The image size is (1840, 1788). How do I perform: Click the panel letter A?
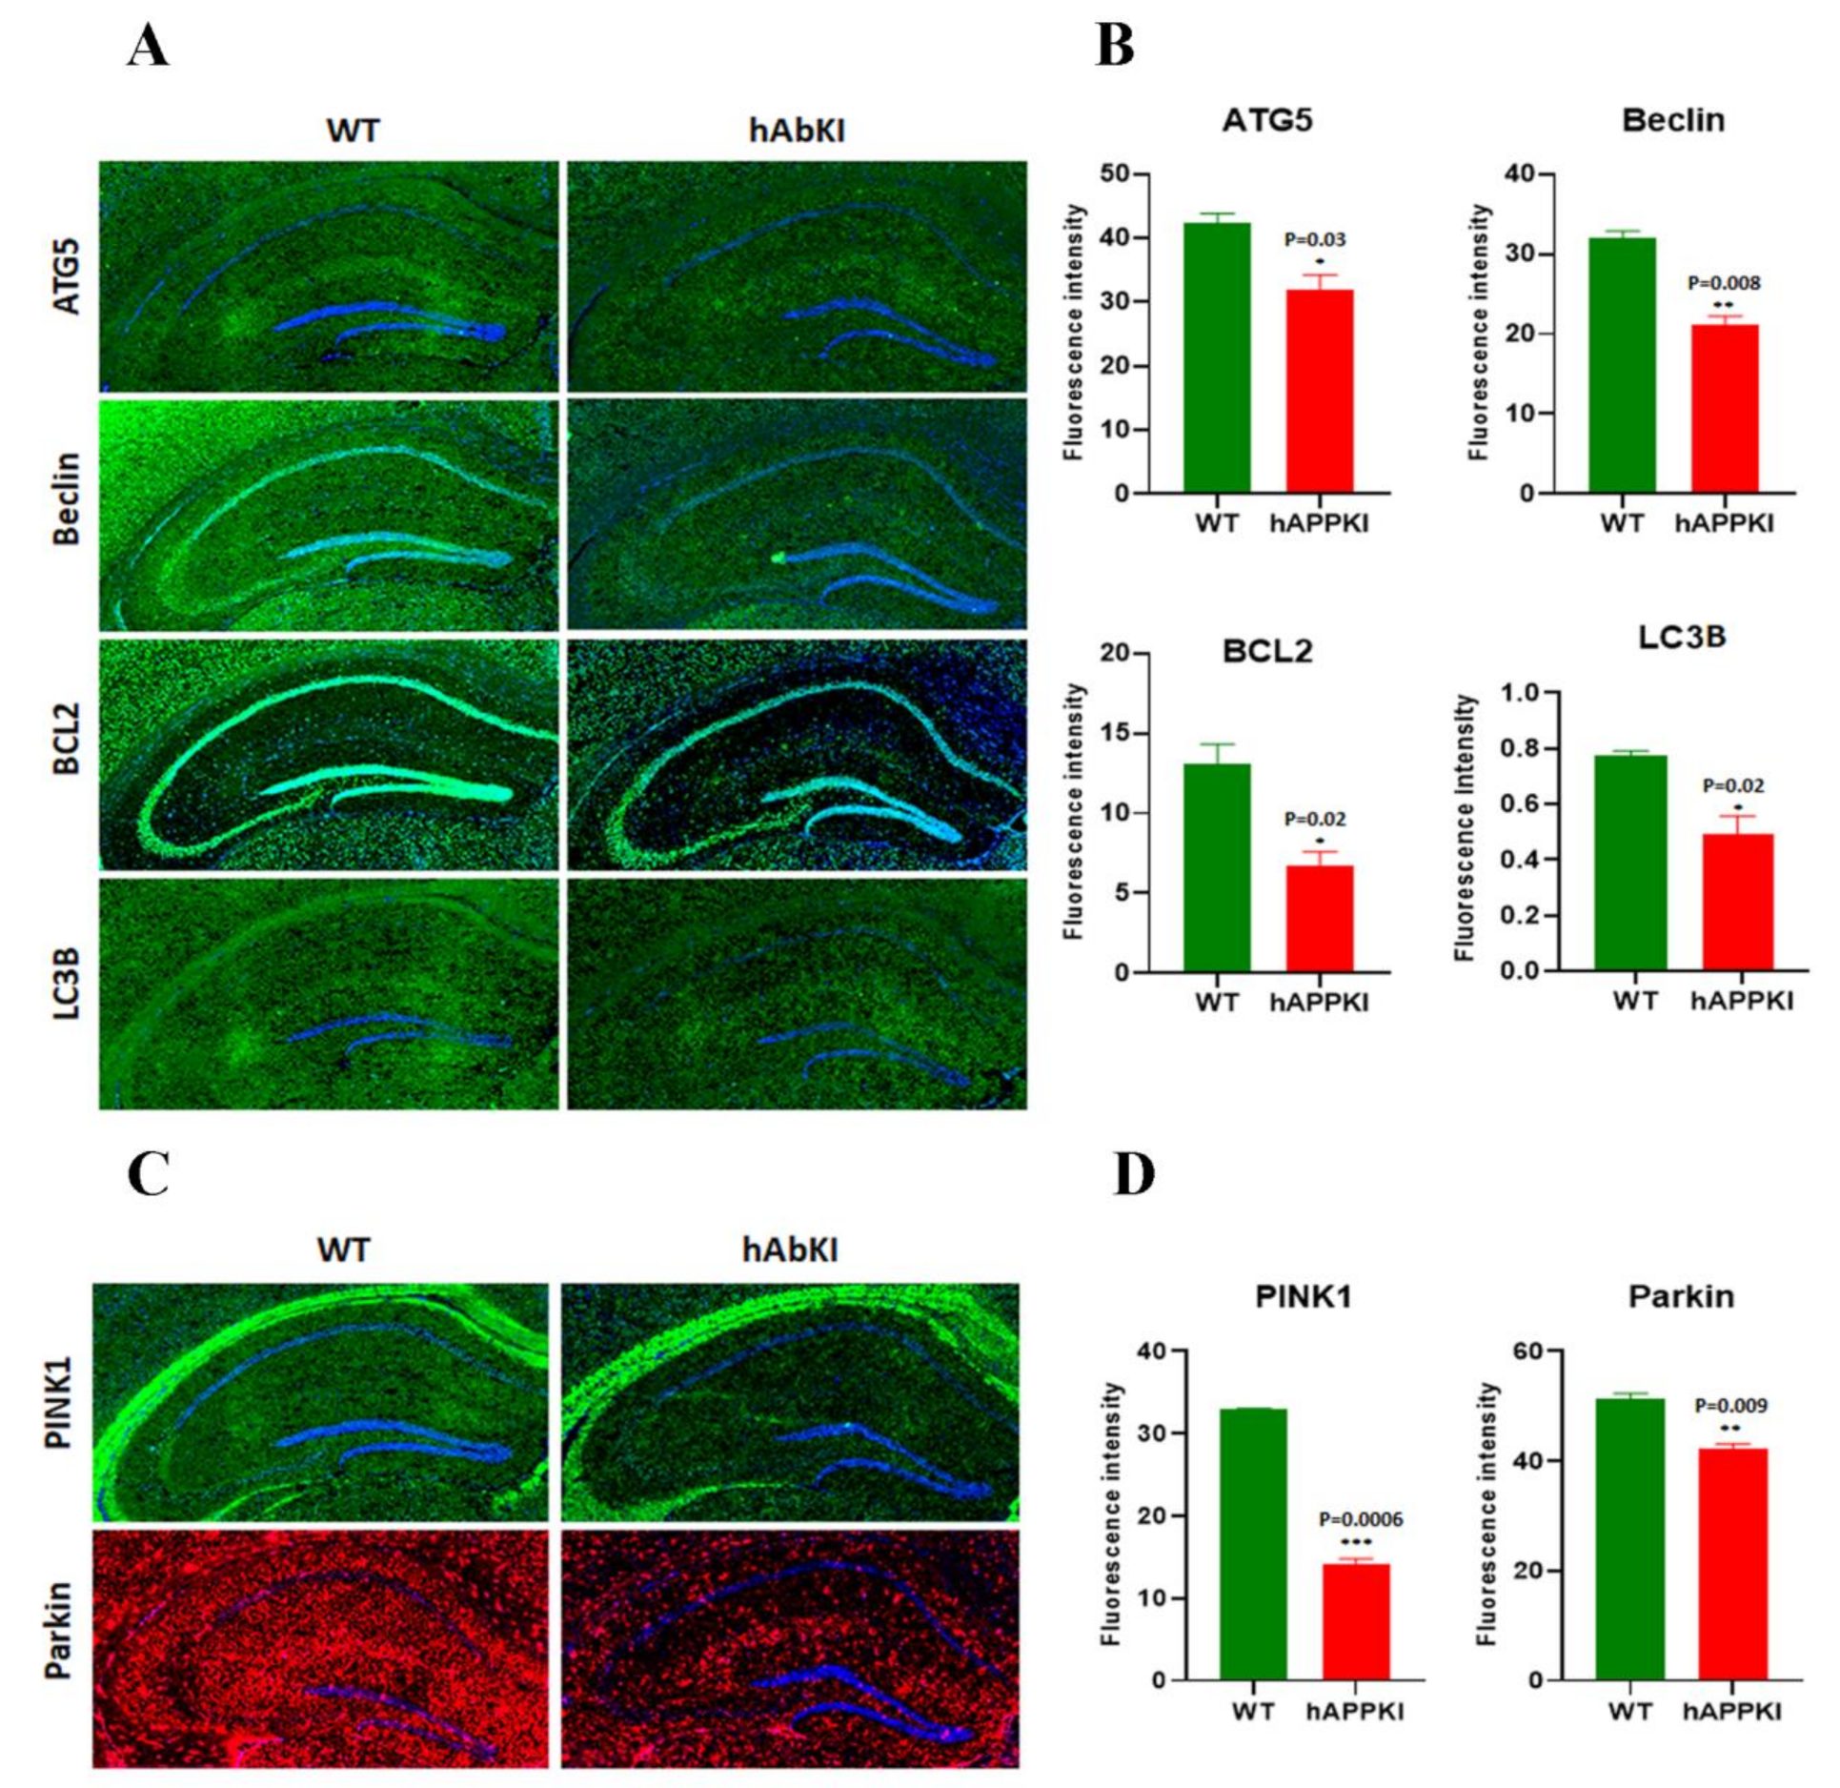click(x=148, y=46)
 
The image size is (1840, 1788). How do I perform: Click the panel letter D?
click(x=1134, y=1176)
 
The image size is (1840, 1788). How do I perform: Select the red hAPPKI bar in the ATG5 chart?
click(x=1320, y=391)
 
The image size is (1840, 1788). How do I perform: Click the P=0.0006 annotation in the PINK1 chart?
click(x=1361, y=1519)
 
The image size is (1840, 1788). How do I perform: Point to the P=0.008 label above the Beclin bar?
click(x=1724, y=283)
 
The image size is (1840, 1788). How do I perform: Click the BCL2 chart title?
click(x=1267, y=651)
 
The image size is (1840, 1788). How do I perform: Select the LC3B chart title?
click(x=1681, y=638)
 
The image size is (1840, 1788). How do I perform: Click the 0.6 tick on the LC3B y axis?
click(x=1519, y=804)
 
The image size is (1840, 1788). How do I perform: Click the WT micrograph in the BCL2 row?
click(x=329, y=754)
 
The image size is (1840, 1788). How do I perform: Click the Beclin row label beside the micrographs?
click(x=67, y=498)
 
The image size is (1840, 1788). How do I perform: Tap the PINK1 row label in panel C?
click(x=59, y=1400)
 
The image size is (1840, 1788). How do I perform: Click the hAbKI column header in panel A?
click(x=797, y=131)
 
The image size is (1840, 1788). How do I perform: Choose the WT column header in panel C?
click(x=342, y=1249)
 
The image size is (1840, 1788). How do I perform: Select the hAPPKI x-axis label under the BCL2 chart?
click(x=1320, y=1003)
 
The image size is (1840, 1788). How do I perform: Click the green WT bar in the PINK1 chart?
click(x=1253, y=1544)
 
